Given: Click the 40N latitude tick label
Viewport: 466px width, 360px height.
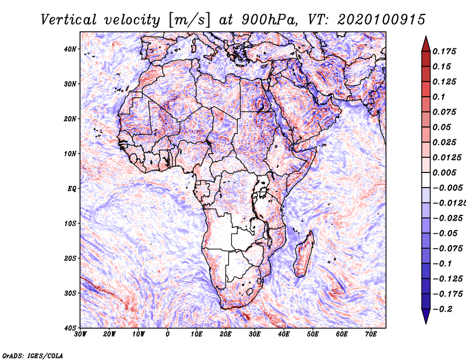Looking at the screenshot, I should [x=70, y=49].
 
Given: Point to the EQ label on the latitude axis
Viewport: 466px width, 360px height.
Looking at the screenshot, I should [x=71, y=189].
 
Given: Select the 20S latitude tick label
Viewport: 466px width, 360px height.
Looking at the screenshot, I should [x=70, y=258].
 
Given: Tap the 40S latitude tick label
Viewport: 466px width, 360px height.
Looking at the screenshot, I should [x=70, y=328].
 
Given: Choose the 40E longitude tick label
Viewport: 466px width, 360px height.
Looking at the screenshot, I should [x=284, y=334].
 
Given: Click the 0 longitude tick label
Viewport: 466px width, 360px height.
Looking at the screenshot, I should [x=168, y=334].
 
